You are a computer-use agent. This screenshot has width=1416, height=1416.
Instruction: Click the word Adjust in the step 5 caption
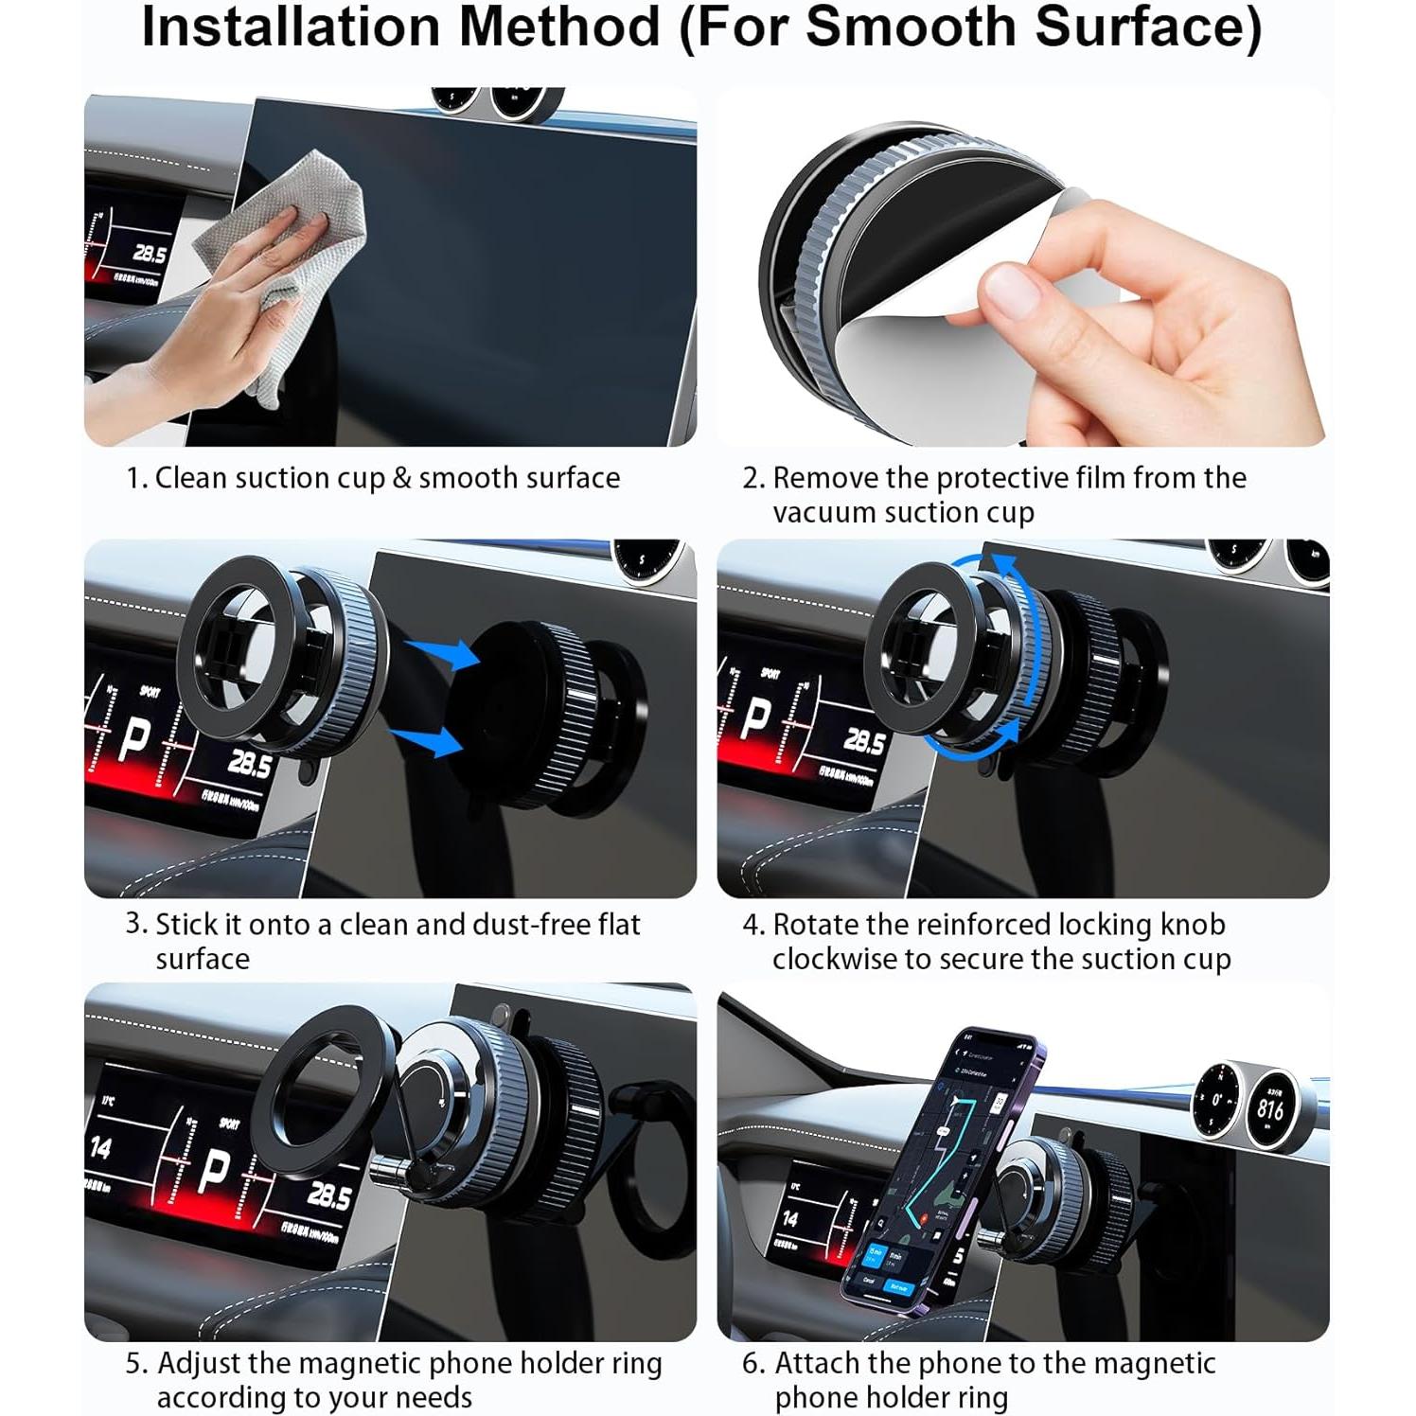click(199, 1364)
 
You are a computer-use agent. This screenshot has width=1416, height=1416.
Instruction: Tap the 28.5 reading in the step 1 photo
click(150, 254)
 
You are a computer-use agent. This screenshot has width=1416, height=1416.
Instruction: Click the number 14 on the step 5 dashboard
click(100, 1148)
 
